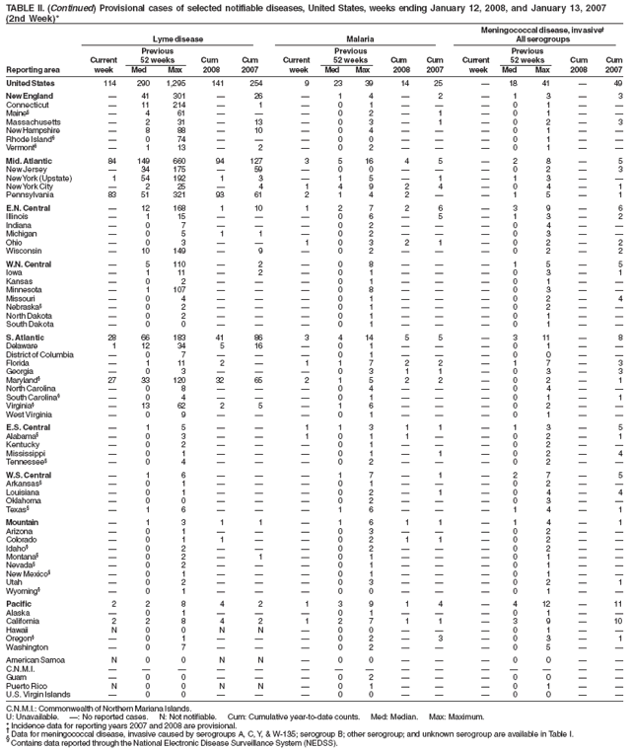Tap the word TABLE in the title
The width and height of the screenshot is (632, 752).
tap(18, 7)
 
